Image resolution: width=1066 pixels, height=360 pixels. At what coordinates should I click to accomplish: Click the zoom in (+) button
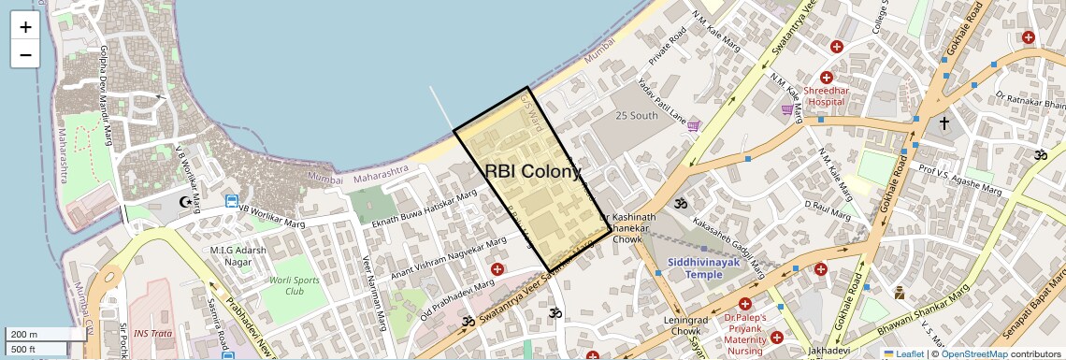25,27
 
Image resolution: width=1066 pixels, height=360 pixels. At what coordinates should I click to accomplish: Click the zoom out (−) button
25,54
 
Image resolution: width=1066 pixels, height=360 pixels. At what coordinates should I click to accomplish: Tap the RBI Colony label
533,171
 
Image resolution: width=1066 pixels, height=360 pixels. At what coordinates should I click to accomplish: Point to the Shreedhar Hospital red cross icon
827,78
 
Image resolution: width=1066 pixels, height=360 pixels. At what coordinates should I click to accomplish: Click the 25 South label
637,116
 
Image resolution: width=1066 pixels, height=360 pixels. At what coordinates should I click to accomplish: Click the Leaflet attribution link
903,353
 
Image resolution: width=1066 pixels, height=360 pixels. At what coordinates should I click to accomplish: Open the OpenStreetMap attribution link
973,353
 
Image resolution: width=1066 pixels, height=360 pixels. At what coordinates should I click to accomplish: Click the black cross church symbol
944,123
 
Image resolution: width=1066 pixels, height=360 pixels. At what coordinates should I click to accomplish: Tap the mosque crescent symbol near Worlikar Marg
185,201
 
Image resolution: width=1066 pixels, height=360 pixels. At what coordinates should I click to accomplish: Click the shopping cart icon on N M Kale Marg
787,109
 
